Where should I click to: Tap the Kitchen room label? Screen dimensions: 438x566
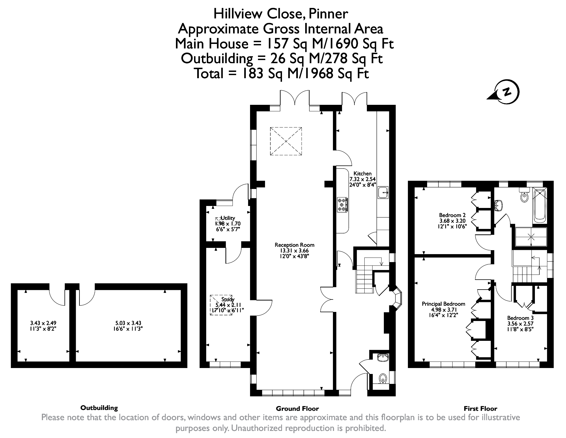tap(362, 173)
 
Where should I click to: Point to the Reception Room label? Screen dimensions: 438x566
tap(294, 245)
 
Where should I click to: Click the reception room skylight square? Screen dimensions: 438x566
tap(286, 141)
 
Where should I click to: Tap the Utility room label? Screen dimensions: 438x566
tap(228, 218)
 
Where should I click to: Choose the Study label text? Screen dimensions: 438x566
tap(228, 299)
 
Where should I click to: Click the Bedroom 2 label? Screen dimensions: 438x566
tap(452, 215)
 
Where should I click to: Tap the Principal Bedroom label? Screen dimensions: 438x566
tap(444, 304)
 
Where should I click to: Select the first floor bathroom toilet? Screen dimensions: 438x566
tap(524, 196)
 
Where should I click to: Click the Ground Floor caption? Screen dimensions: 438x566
tap(297, 409)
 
